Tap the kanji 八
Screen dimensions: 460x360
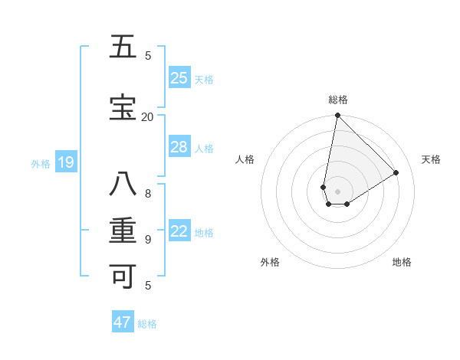[123, 185]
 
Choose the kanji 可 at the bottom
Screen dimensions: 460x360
[123, 277]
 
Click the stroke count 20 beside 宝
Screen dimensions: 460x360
[147, 116]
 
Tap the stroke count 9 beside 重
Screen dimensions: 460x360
[148, 239]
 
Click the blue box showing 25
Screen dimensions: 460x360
[179, 78]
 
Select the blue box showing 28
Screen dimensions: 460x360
[179, 147]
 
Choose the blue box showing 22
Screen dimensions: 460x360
[179, 231]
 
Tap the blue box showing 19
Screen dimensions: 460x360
[66, 162]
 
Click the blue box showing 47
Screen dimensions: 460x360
[123, 322]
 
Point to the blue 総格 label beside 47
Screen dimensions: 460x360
[147, 324]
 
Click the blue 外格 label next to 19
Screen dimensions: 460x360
[41, 163]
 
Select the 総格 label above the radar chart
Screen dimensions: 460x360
[338, 100]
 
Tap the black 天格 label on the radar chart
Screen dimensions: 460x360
[431, 159]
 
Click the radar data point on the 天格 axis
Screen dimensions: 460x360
[396, 172]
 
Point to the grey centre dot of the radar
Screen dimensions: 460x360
[338, 191]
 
